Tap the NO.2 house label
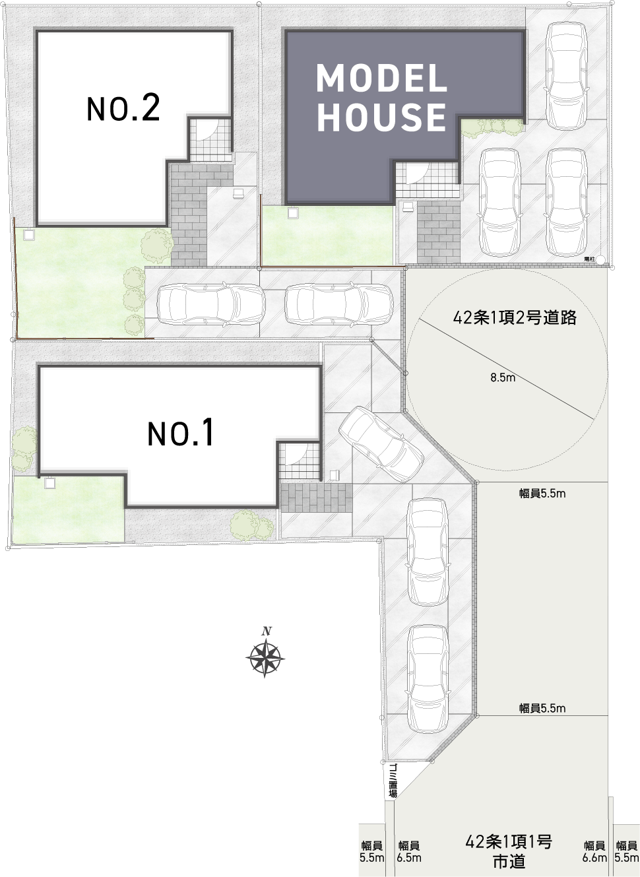coord(123,108)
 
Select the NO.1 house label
coord(181,433)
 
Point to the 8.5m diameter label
coord(503,377)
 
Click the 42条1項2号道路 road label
coord(515,317)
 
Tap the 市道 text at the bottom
coord(509,861)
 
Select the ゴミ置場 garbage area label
coord(393,781)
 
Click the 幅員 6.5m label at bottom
coord(409,851)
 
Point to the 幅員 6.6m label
coord(594,851)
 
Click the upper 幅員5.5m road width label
coord(542,493)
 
